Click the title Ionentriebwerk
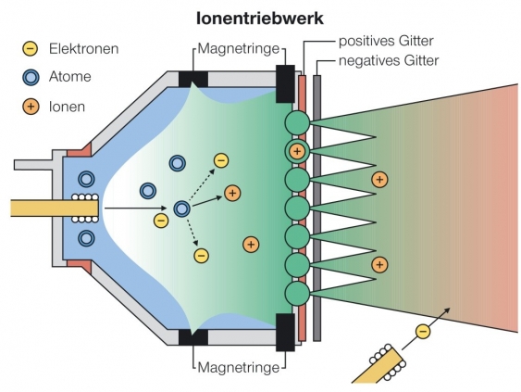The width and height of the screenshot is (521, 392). pyautogui.click(x=261, y=18)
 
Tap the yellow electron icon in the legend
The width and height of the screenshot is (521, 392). pyautogui.click(x=30, y=47)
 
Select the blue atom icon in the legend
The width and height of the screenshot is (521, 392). pyautogui.click(x=30, y=77)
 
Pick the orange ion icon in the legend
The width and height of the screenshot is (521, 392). pyautogui.click(x=30, y=107)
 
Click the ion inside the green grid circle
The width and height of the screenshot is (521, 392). pyautogui.click(x=297, y=151)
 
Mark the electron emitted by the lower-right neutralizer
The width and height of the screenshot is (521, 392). pyautogui.click(x=423, y=330)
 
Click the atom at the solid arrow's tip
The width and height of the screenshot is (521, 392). pyautogui.click(x=182, y=209)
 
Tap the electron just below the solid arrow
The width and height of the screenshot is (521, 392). pyautogui.click(x=161, y=221)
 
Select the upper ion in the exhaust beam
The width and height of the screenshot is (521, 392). pyautogui.click(x=378, y=179)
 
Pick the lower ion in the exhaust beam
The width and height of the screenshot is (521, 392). pyautogui.click(x=378, y=266)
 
